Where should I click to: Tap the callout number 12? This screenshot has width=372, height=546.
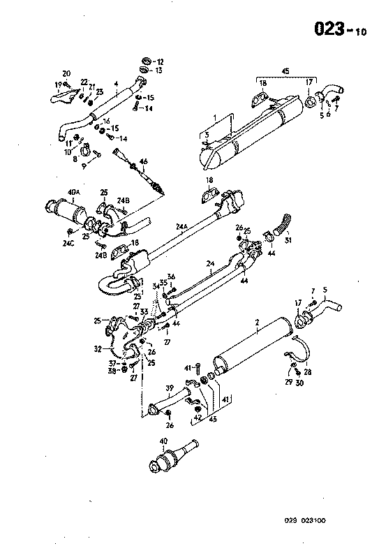pyautogui.click(x=160, y=61)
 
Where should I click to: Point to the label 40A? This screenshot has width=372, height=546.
pyautogui.click(x=73, y=192)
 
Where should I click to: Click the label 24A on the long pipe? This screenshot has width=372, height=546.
pyautogui.click(x=184, y=226)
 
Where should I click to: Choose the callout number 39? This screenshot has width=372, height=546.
pyautogui.click(x=169, y=388)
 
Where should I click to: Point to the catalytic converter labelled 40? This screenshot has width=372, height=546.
pyautogui.click(x=171, y=458)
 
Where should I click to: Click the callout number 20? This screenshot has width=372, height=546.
pyautogui.click(x=66, y=73)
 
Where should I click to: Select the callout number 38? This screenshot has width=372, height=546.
pyautogui.click(x=112, y=371)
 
